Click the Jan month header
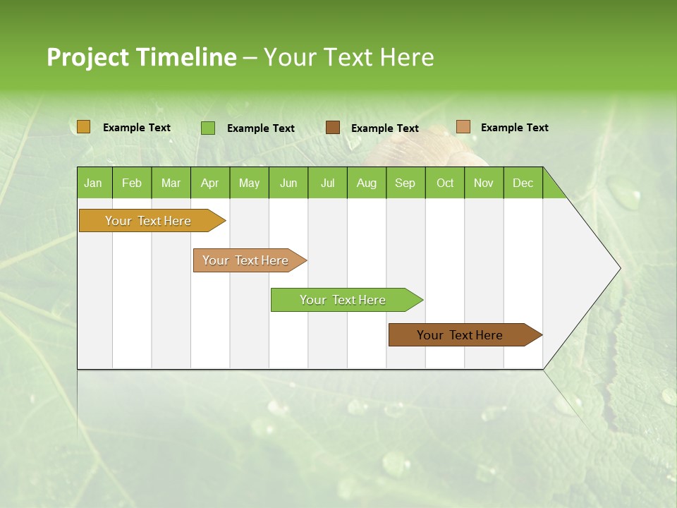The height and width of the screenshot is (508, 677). [x=94, y=183]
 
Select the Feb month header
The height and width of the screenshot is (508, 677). [x=132, y=183]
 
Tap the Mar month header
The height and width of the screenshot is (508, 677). [x=171, y=183]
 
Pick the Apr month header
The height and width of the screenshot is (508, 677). [x=210, y=183]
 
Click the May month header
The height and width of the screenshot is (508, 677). [x=249, y=183]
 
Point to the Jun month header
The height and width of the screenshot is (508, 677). [x=288, y=183]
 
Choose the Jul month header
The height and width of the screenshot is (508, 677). [x=327, y=183]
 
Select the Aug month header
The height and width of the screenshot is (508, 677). [x=367, y=183]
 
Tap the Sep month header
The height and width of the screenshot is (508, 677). [x=405, y=183]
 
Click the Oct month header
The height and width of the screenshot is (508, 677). [x=445, y=183]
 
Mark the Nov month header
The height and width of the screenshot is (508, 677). [x=484, y=183]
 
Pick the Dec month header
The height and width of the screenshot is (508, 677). [x=523, y=183]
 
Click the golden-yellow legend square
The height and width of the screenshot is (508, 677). [x=84, y=127]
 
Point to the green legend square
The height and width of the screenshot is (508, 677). [x=208, y=128]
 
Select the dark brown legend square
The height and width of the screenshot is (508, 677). [x=333, y=127]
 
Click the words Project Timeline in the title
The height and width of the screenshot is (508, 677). [x=141, y=57]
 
